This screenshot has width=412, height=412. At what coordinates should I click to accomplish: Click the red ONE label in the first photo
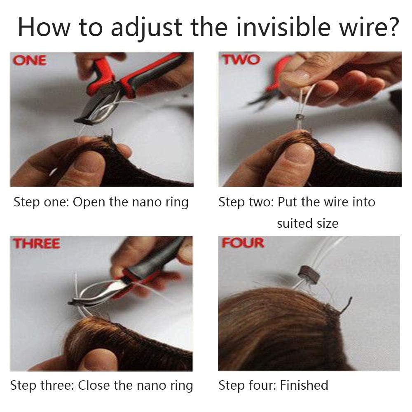point(30,60)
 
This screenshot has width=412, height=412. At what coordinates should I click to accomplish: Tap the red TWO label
point(241,59)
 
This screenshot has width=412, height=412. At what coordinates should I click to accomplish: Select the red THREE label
point(37,243)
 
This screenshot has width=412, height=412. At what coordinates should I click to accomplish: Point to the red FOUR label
point(243,243)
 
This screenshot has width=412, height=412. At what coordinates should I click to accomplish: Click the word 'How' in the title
point(44,27)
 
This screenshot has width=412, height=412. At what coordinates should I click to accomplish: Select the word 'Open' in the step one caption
point(89,202)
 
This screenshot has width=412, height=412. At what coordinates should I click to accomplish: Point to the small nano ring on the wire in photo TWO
point(298,117)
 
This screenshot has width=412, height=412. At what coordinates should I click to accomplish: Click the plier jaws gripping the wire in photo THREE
point(79,302)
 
